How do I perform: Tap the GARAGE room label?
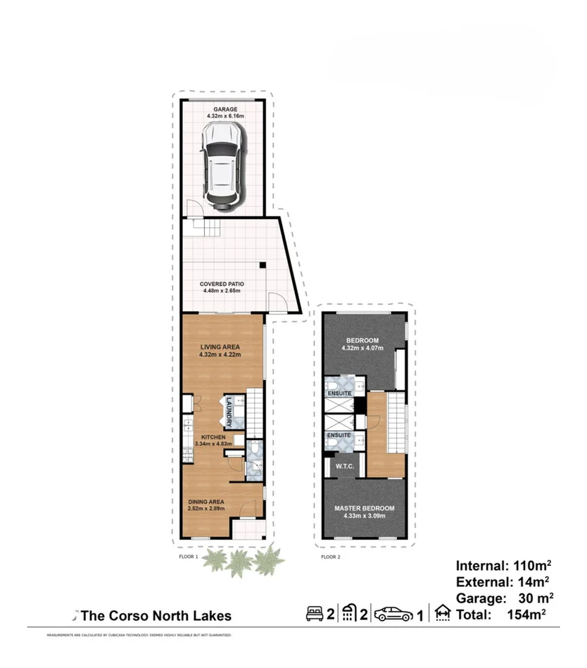click(x=222, y=110)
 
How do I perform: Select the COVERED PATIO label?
click(x=222, y=284)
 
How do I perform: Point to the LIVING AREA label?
click(x=220, y=346)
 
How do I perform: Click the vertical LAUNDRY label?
click(x=229, y=413)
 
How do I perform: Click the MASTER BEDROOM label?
click(x=364, y=508)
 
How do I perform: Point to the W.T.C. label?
click(x=344, y=465)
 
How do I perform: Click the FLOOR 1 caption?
click(x=189, y=556)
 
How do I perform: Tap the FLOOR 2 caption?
click(x=330, y=556)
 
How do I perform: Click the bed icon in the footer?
click(x=315, y=614)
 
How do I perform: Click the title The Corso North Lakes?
click(x=156, y=616)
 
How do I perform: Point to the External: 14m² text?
click(x=502, y=581)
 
